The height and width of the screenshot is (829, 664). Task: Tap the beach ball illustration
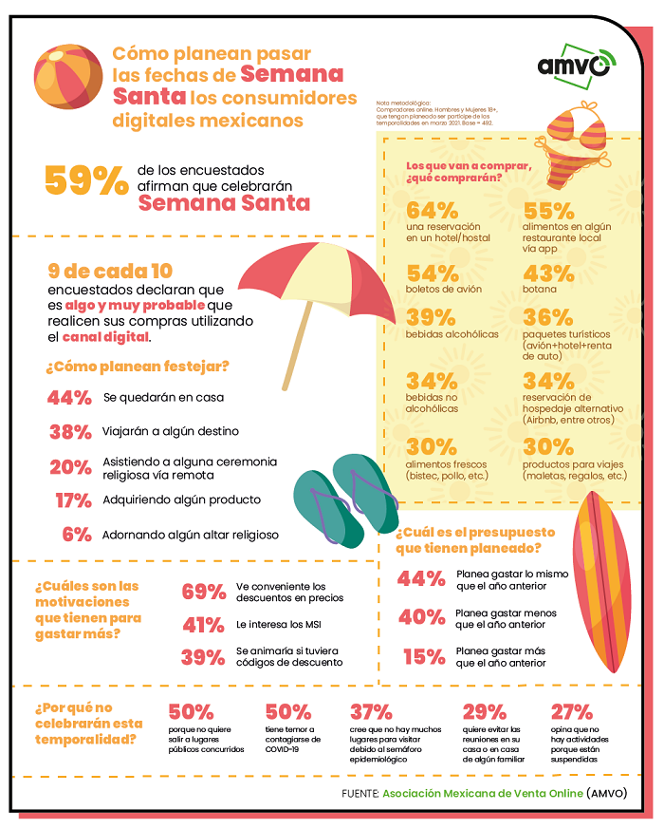[69, 77]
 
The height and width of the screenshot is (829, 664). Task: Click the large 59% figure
[86, 179]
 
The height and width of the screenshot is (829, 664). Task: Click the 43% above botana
[549, 272]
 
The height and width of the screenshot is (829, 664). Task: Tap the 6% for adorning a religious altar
[76, 534]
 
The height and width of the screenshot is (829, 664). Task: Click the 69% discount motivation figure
[204, 592]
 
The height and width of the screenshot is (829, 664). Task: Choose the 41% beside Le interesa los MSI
[203, 625]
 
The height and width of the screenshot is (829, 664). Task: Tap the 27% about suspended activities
[571, 711]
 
